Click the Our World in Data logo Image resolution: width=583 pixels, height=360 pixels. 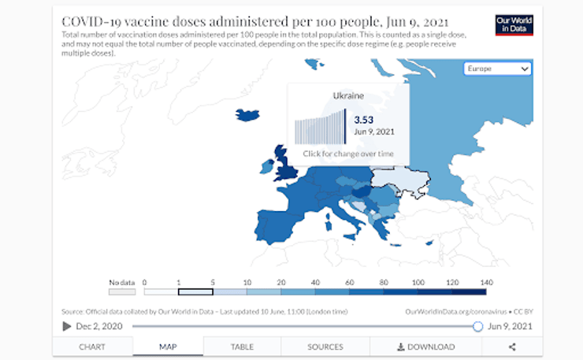(x=514, y=24)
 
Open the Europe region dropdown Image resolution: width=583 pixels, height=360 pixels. (x=498, y=69)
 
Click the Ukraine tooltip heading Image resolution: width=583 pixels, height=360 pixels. (x=348, y=96)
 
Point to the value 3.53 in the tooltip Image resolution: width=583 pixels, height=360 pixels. (x=363, y=120)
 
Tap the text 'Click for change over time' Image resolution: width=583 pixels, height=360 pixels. (x=348, y=154)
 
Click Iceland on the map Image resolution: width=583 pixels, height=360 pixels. (x=248, y=114)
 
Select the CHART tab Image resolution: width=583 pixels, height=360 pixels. (x=93, y=347)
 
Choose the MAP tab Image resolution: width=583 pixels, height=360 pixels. (x=168, y=347)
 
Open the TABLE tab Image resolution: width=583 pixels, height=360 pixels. (x=242, y=347)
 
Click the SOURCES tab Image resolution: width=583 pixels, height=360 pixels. (x=325, y=347)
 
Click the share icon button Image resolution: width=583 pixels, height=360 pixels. (x=512, y=347)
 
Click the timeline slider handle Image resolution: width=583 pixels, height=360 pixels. (x=477, y=326)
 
